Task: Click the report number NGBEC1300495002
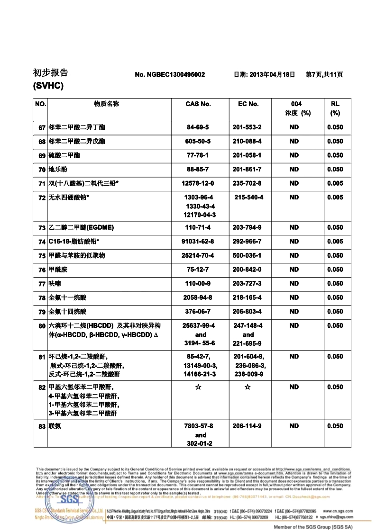tap(170, 75)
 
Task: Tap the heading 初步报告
tap(50, 72)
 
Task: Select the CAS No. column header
tap(198, 104)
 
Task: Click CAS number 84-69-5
tap(198, 127)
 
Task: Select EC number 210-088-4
tap(247, 141)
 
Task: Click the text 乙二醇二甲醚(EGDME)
tap(82, 228)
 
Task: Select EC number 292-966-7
tap(247, 242)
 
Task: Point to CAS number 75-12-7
tap(198, 270)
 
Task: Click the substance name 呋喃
tap(55, 284)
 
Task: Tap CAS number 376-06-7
tap(198, 312)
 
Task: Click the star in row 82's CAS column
tap(198, 387)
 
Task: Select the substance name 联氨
tap(55, 426)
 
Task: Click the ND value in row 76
tap(294, 270)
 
